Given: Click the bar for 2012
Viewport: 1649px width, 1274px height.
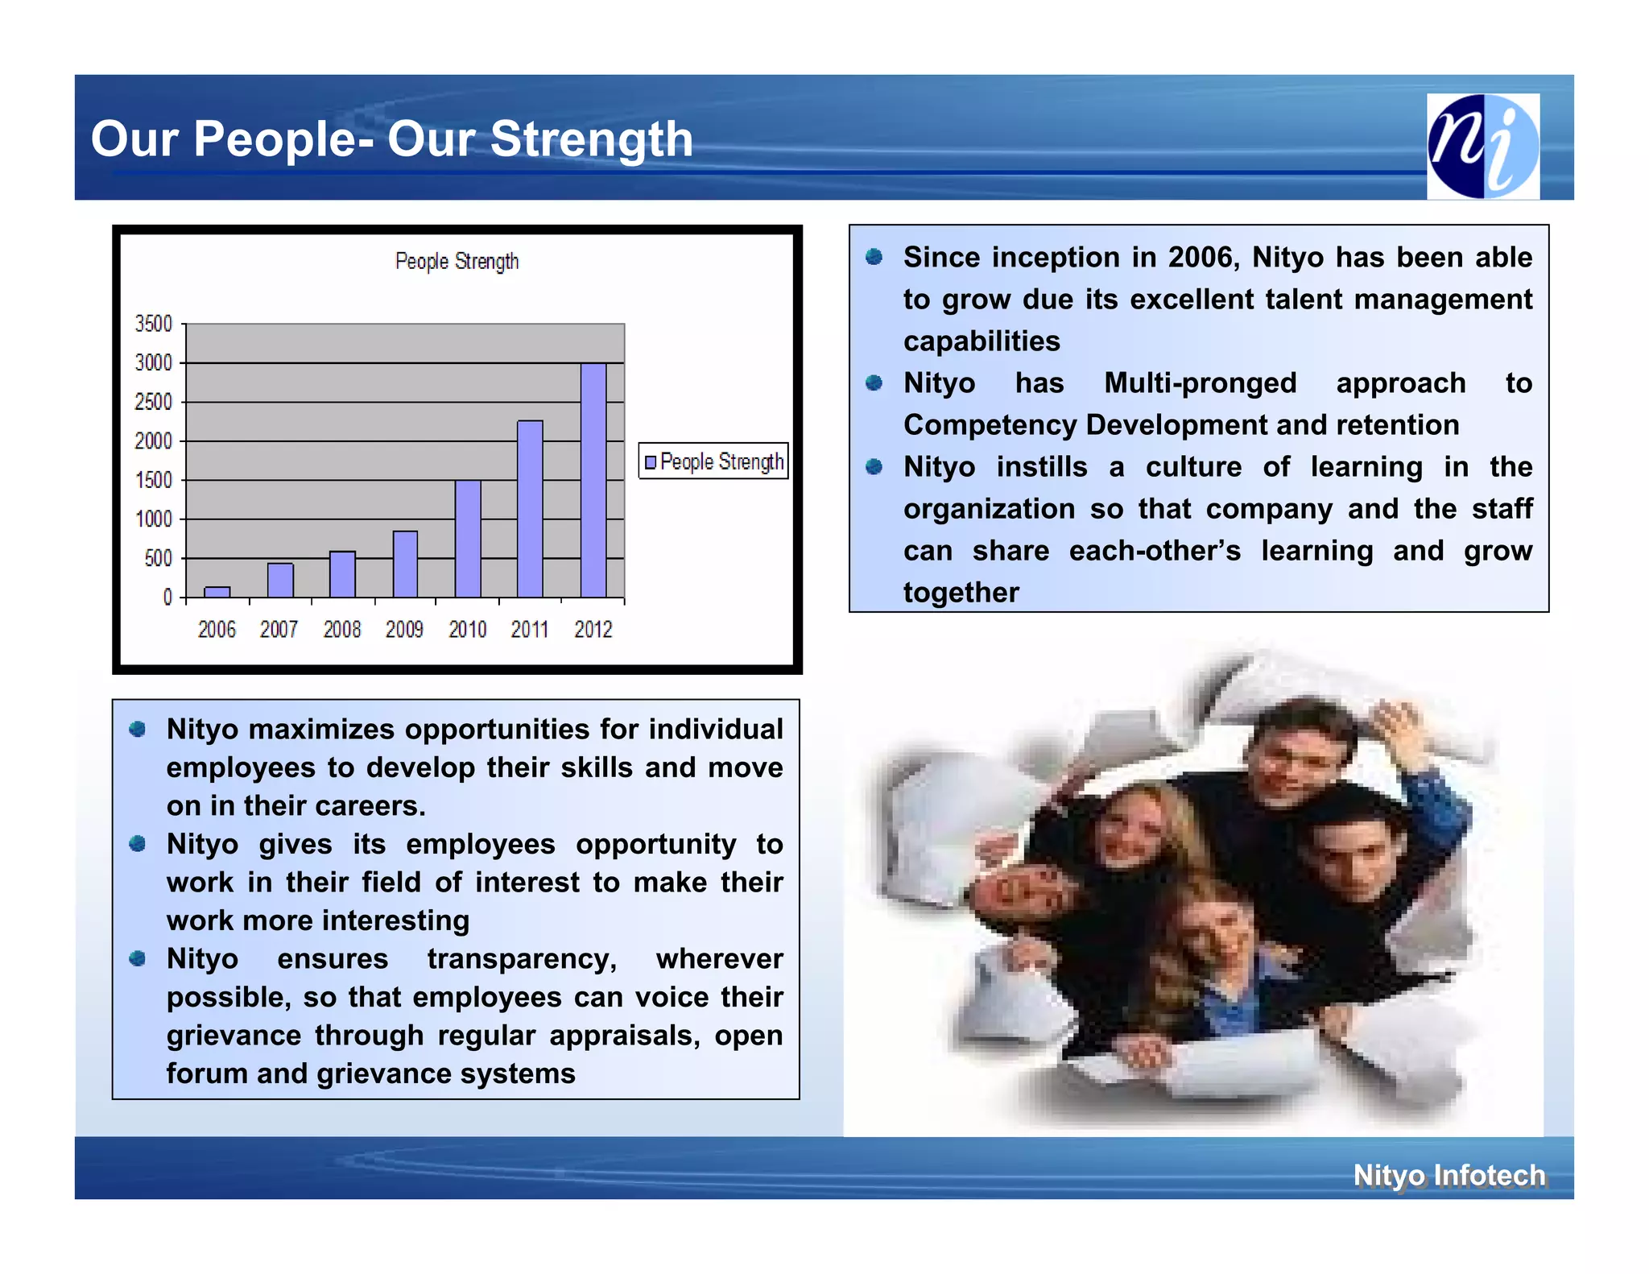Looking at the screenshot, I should [x=593, y=480].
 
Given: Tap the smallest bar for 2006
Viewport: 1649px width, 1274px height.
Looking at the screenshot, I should [x=217, y=592].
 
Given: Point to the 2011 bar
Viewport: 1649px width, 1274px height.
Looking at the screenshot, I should [x=530, y=508].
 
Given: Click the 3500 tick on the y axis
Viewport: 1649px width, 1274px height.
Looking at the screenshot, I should [x=153, y=324].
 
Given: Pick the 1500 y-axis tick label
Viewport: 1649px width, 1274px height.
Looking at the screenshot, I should [x=153, y=480].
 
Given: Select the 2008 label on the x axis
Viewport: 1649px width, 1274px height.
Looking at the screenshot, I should [x=342, y=629].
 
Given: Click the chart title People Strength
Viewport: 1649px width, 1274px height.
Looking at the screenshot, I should [x=457, y=261].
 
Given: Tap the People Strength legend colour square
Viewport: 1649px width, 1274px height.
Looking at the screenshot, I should [x=651, y=462].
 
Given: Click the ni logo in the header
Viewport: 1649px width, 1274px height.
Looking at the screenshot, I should [x=1482, y=146].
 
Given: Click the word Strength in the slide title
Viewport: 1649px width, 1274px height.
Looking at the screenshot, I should [x=591, y=139].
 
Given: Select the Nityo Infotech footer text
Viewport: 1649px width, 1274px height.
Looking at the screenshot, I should [x=1449, y=1175].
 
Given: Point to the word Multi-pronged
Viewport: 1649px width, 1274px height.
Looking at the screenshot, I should [x=1200, y=383].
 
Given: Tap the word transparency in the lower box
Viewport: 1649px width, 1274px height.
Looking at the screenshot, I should [x=522, y=958].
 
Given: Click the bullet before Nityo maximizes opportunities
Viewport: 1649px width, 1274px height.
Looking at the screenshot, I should [x=138, y=729].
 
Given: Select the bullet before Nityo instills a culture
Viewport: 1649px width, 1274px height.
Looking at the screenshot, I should [x=874, y=467].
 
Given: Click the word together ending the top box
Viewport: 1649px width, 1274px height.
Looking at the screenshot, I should [x=961, y=593].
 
